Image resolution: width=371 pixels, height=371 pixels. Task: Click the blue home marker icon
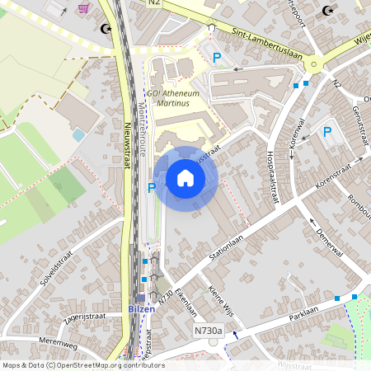(x=185, y=178)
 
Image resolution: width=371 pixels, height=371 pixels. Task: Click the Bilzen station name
(x=141, y=308)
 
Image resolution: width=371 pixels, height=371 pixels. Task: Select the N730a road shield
(x=209, y=331)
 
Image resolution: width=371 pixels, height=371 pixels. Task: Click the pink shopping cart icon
(x=83, y=7)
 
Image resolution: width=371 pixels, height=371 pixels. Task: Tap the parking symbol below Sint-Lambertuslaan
(x=218, y=58)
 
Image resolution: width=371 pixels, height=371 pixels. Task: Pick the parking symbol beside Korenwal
(x=327, y=131)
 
